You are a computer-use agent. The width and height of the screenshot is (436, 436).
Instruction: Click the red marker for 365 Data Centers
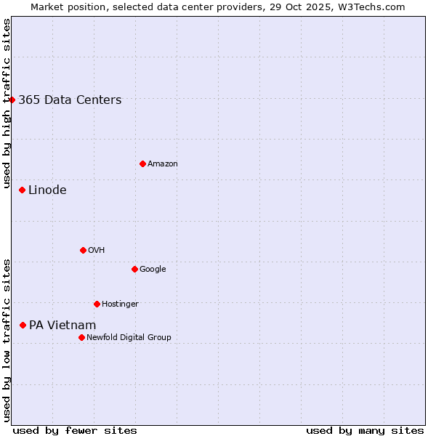point(12,100)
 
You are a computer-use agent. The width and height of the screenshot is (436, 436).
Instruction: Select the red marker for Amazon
point(142,163)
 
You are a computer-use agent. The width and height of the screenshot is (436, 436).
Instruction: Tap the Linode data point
point(22,190)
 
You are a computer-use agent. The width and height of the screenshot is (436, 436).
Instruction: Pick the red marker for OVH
point(83,250)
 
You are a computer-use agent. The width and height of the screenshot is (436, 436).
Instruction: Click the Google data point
point(134,269)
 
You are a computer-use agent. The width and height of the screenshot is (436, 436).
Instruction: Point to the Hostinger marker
point(97,304)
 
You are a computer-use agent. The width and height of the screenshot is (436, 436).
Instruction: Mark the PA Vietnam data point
point(23,325)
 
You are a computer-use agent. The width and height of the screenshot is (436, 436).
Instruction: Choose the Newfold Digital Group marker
point(81,337)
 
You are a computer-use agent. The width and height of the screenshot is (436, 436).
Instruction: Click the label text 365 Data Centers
point(70,100)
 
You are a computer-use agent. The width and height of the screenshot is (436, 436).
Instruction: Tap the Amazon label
point(163,164)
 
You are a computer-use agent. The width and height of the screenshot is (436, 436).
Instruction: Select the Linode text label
point(47,190)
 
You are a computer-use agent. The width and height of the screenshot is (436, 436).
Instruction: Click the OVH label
point(97,251)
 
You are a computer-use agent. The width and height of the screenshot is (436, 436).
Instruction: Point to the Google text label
point(153,270)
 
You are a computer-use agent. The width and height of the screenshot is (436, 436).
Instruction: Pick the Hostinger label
point(120,304)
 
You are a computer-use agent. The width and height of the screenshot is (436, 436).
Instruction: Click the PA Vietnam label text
point(62,326)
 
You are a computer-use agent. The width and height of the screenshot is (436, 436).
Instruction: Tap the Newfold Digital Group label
point(129,338)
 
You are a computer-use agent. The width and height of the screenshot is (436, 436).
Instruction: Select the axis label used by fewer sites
point(75,430)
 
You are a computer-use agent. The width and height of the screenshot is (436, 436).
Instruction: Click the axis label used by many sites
point(365,430)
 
